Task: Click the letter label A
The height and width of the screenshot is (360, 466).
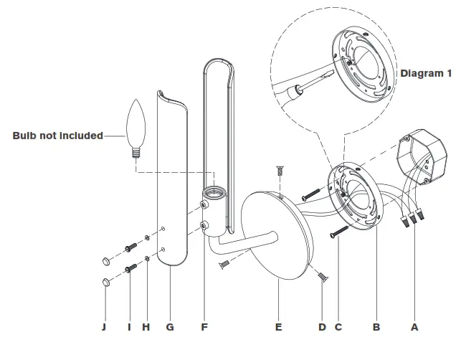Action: click(x=413, y=327)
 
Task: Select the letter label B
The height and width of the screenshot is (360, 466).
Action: click(x=375, y=327)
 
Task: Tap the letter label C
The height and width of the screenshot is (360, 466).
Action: click(x=338, y=327)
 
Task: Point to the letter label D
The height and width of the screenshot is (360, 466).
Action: click(x=322, y=327)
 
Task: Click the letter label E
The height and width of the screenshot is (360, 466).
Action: click(x=278, y=327)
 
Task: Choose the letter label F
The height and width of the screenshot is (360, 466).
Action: click(x=204, y=327)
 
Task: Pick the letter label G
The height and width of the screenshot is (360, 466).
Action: click(x=169, y=327)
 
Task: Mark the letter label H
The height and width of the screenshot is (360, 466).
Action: click(x=146, y=327)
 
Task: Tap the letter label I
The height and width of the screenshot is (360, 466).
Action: click(x=130, y=327)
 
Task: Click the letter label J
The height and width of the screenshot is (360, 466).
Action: click(x=106, y=327)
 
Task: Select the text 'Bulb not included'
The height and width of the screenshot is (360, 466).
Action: click(x=57, y=136)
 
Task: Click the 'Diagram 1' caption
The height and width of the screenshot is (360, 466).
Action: click(x=426, y=73)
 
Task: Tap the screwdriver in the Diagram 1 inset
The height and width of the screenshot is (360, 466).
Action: click(x=301, y=86)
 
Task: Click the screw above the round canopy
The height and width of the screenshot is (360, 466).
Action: click(x=280, y=172)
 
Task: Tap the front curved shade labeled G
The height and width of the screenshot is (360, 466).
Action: click(x=173, y=179)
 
